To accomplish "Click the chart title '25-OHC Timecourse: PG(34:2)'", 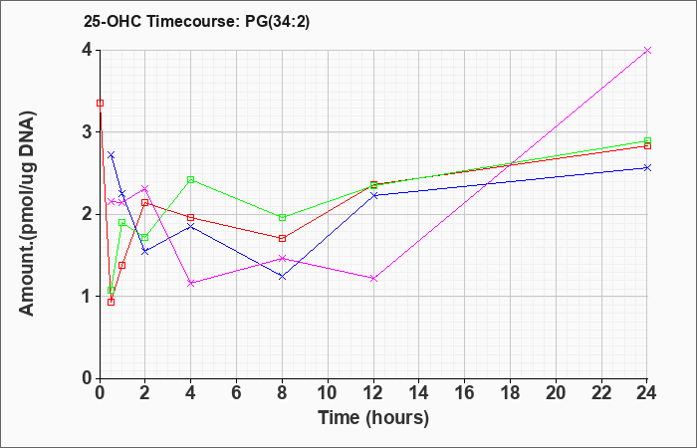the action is [196, 21].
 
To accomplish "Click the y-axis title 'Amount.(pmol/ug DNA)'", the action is [28, 214].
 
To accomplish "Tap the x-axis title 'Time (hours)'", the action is [373, 418].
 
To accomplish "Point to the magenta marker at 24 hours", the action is [647, 50].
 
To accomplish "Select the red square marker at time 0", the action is [100, 104].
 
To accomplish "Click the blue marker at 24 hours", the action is [647, 167].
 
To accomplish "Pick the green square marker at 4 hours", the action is [191, 179].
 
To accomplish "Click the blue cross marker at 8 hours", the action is [282, 277].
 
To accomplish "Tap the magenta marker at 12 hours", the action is [373, 279].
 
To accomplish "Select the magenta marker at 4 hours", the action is [191, 283].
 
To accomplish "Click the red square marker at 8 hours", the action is [282, 238].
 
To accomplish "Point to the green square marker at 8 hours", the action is [282, 217].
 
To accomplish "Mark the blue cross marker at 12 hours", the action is [373, 195].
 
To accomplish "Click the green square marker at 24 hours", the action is [647, 141].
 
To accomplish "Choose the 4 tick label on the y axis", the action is [88, 50].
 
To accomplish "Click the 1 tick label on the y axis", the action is [88, 297].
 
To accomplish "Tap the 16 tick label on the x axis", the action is [465, 393].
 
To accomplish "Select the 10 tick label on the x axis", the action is [328, 393].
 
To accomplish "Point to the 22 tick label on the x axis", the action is [601, 393].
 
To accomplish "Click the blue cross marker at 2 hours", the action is [145, 252].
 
